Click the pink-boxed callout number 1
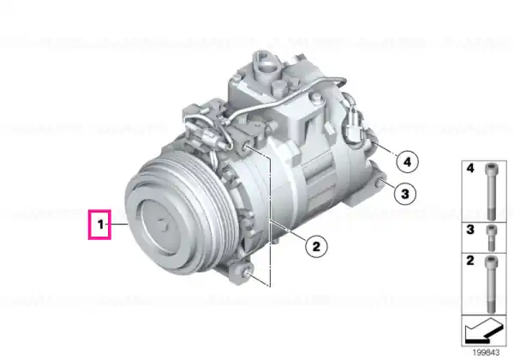pos(100,225)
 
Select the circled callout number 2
pos(316,246)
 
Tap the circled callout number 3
pos(405,194)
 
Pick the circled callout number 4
pos(407,162)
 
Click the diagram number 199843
pos(486,352)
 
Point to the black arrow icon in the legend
pos(483,331)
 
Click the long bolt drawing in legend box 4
pos(491,191)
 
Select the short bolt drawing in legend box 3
pos(491,237)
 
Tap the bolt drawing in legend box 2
pos(491,284)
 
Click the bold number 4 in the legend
pos(470,169)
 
